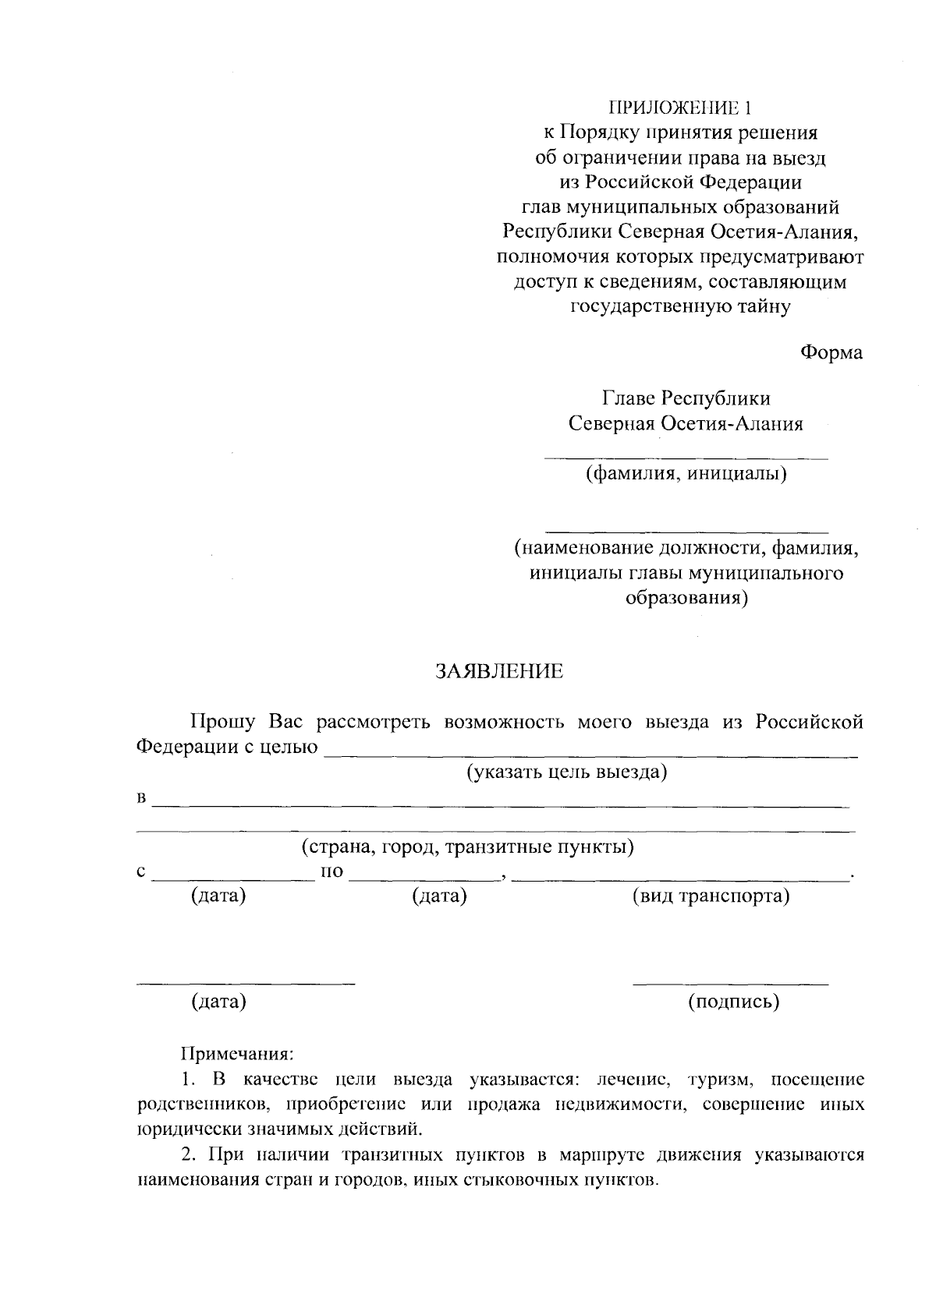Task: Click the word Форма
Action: pyautogui.click(x=831, y=352)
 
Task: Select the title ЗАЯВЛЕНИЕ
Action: pyautogui.click(x=499, y=672)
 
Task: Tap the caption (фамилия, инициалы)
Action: pyautogui.click(x=686, y=473)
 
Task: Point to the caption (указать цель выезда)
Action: pyautogui.click(x=567, y=772)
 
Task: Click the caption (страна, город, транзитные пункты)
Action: pyautogui.click(x=468, y=847)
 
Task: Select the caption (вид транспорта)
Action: pyautogui.click(x=711, y=896)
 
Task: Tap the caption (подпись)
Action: pyautogui.click(x=733, y=1002)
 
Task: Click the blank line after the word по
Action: pyautogui.click(x=425, y=880)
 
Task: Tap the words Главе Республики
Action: pyautogui.click(x=686, y=398)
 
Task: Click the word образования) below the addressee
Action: pyautogui.click(x=686, y=599)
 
